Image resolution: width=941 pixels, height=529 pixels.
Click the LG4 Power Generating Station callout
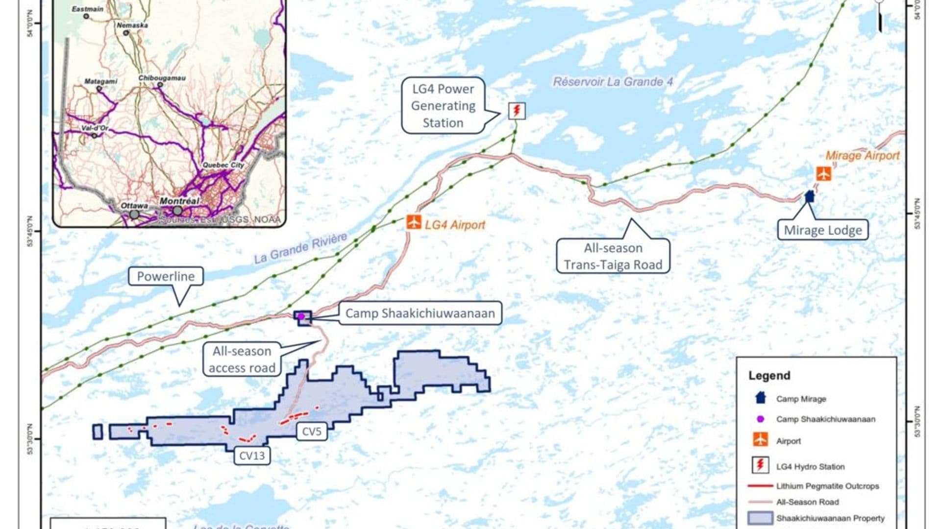pyautogui.click(x=443, y=106)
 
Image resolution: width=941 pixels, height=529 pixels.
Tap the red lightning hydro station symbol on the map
pyautogui.click(x=516, y=110)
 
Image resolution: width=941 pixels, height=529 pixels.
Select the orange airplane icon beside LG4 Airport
pyautogui.click(x=414, y=222)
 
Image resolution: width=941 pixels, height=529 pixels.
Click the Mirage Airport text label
pyautogui.click(x=863, y=156)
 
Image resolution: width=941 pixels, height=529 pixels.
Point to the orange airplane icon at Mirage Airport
pyautogui.click(x=823, y=173)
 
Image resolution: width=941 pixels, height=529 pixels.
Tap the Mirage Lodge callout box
pyautogui.click(x=823, y=230)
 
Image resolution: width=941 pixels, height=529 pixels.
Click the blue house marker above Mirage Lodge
pyautogui.click(x=810, y=196)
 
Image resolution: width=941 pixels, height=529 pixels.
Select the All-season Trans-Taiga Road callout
pyautogui.click(x=613, y=256)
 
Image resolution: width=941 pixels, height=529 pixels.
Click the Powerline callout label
pyautogui.click(x=166, y=276)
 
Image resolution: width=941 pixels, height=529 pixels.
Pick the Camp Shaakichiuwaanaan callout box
pyautogui.click(x=420, y=313)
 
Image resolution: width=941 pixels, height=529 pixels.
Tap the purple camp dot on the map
pyautogui.click(x=301, y=317)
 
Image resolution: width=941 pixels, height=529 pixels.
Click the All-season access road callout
pyautogui.click(x=242, y=360)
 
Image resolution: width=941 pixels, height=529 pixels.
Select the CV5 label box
pyautogui.click(x=312, y=432)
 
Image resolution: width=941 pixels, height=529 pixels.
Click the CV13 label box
pyautogui.click(x=252, y=456)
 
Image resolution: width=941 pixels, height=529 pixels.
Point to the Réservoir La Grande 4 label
pyautogui.click(x=613, y=82)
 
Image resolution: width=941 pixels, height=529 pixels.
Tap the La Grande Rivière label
pyautogui.click(x=300, y=248)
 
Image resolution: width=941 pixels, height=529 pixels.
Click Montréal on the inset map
pyautogui.click(x=179, y=201)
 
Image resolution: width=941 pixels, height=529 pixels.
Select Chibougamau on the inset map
pyautogui.click(x=162, y=78)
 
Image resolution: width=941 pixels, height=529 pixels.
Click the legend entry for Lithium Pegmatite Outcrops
pyautogui.click(x=827, y=486)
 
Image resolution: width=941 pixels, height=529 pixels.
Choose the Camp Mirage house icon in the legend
pyautogui.click(x=760, y=398)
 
